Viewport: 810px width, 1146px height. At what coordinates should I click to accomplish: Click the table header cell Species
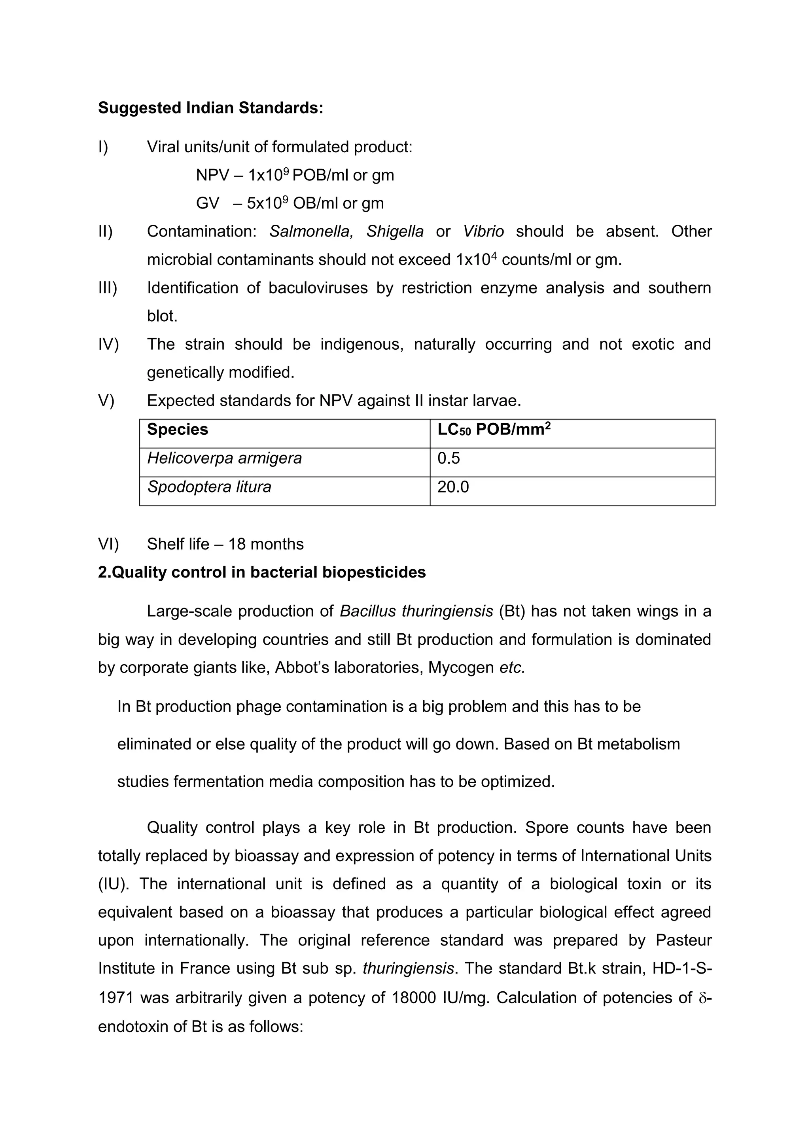pyautogui.click(x=178, y=430)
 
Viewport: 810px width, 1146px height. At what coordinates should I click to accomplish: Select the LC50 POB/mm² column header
pyautogui.click(x=494, y=430)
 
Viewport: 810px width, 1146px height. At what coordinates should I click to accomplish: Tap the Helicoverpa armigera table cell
pyautogui.click(x=224, y=458)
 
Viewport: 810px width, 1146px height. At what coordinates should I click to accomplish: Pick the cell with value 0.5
pyautogui.click(x=449, y=458)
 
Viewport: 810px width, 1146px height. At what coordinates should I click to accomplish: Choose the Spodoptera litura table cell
pyautogui.click(x=209, y=487)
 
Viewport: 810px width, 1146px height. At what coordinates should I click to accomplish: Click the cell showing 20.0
pyautogui.click(x=453, y=487)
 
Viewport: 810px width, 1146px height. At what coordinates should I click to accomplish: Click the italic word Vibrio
pyautogui.click(x=483, y=231)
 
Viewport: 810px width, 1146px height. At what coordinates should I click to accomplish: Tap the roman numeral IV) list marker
pyautogui.click(x=108, y=345)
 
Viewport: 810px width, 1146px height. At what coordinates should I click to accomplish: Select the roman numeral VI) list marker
pyautogui.click(x=108, y=544)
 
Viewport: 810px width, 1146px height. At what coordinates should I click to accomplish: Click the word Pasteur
pyautogui.click(x=683, y=940)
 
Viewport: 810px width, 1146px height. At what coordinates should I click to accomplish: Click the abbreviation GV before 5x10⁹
pyautogui.click(x=207, y=204)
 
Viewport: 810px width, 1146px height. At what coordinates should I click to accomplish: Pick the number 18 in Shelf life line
pyautogui.click(x=237, y=544)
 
